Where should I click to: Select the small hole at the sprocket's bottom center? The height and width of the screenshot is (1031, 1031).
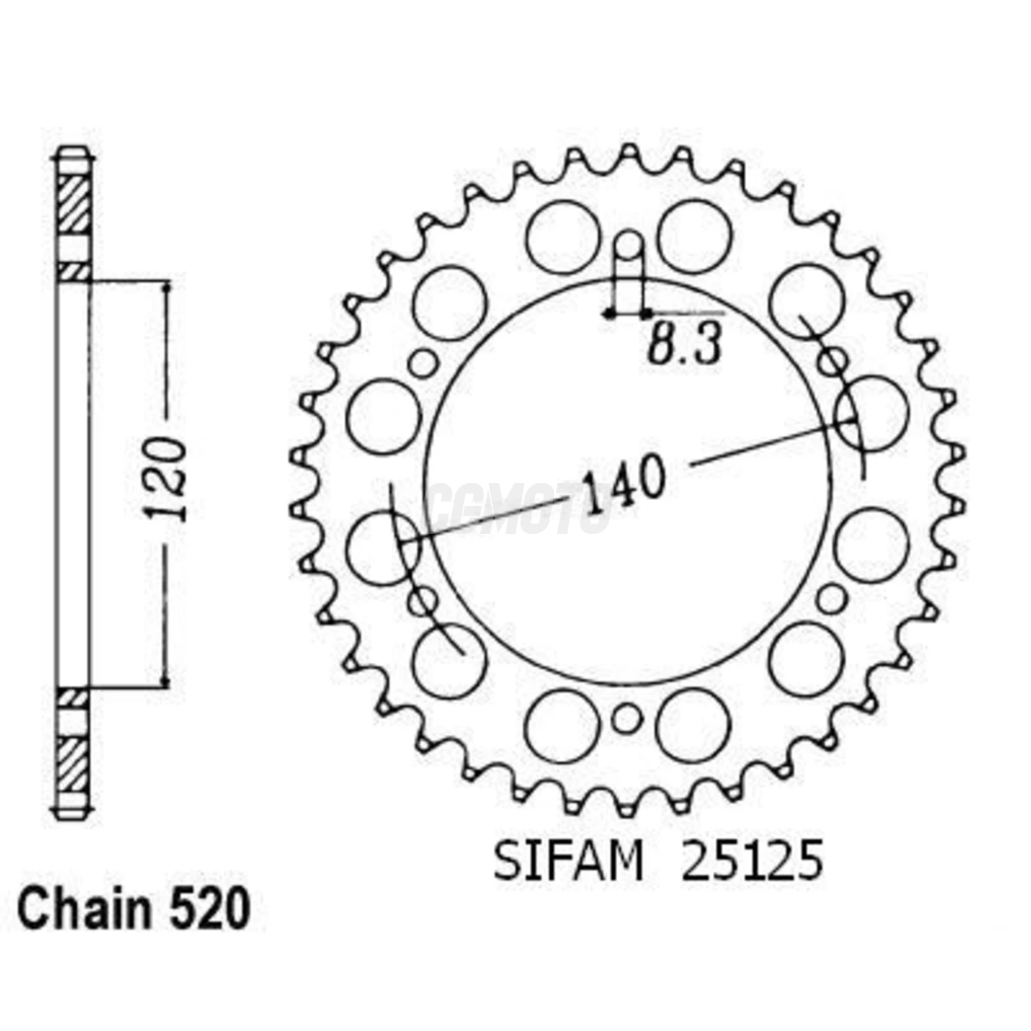click(x=627, y=717)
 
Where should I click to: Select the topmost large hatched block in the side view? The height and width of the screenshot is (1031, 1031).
click(x=74, y=204)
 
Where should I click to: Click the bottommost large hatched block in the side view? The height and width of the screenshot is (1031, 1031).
click(x=74, y=764)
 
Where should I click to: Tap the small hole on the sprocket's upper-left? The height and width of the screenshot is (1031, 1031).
click(x=423, y=362)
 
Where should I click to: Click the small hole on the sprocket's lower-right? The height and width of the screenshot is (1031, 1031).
click(x=831, y=598)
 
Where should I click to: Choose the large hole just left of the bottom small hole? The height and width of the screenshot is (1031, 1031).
click(x=563, y=726)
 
